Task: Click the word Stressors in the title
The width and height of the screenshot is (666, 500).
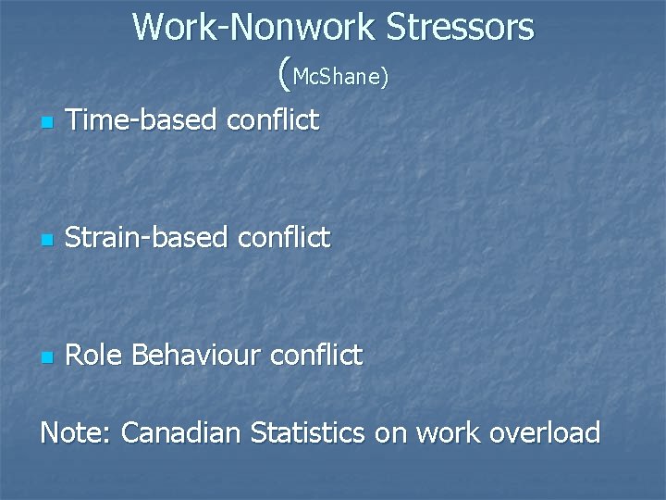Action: [x=460, y=27]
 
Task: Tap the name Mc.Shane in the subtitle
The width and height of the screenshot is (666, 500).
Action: [x=337, y=78]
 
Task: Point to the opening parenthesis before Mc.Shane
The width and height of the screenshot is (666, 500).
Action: [x=282, y=74]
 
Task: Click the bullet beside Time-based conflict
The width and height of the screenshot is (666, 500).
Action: [x=47, y=122]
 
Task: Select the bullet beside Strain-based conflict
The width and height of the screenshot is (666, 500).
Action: [x=47, y=241]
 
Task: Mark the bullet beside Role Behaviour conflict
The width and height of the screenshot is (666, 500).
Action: [x=47, y=357]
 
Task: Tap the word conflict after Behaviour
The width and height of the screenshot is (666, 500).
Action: [x=319, y=355]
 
